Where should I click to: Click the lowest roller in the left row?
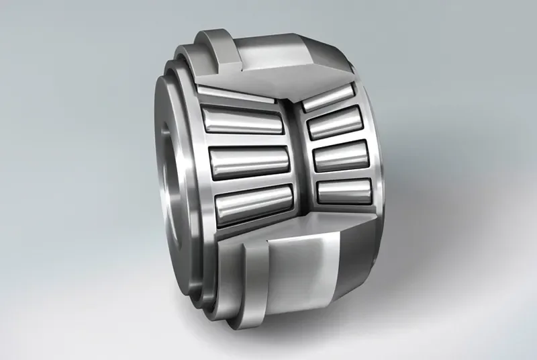pyautogui.click(x=254, y=204)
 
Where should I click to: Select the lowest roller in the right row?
pyautogui.click(x=343, y=191)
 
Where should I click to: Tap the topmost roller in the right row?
pyautogui.click(x=328, y=99)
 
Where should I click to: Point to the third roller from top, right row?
pyautogui.click(x=341, y=158)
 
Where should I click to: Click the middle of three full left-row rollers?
pyautogui.click(x=248, y=162)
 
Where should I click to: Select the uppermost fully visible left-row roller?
pyautogui.click(x=242, y=121)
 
